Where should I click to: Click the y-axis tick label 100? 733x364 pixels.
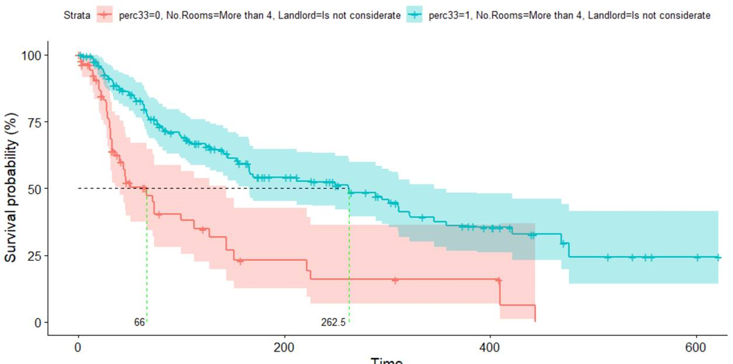pyautogui.click(x=31, y=55)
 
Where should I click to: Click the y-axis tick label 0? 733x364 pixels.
pyautogui.click(x=37, y=323)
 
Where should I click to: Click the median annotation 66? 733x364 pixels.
pyautogui.click(x=139, y=322)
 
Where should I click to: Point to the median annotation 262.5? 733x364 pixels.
pyautogui.click(x=333, y=322)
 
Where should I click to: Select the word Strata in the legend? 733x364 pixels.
pyautogui.click(x=77, y=16)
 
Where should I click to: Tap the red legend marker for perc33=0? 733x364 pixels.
pyautogui.click(x=104, y=16)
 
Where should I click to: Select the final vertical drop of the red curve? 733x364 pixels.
pyautogui.click(x=535, y=313)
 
